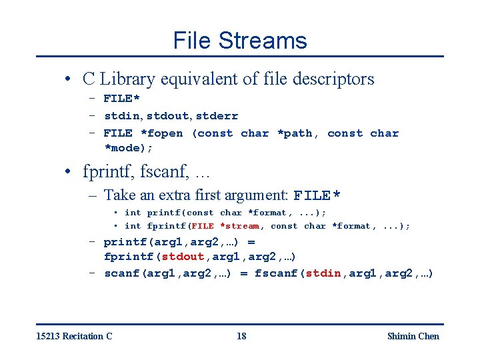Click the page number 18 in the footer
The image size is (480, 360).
(241, 336)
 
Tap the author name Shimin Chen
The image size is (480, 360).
(413, 336)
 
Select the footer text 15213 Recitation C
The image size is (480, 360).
(74, 336)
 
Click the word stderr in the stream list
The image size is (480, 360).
(217, 116)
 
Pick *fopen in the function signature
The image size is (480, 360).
(161, 133)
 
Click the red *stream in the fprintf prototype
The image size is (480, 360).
(240, 226)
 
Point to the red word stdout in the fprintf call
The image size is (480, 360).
(183, 257)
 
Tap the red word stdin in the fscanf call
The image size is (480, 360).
(323, 273)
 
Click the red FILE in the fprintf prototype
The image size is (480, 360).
(203, 226)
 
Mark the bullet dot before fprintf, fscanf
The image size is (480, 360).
(69, 173)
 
